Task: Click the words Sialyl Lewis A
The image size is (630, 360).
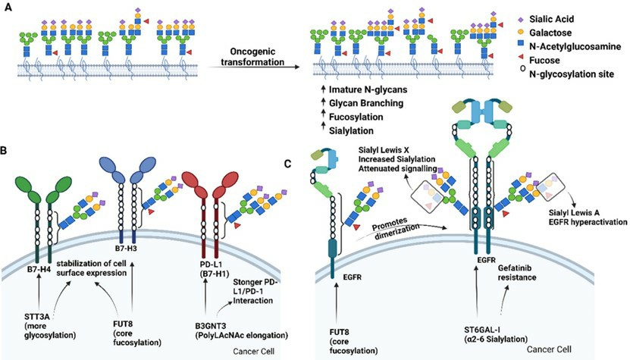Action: point(578,213)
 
